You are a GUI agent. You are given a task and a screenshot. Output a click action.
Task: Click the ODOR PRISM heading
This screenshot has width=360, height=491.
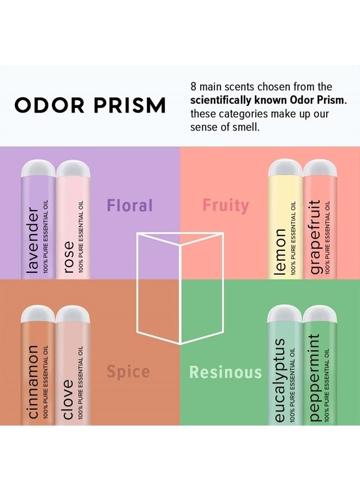(90, 105)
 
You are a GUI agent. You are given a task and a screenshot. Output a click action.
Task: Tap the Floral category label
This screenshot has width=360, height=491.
(130, 206)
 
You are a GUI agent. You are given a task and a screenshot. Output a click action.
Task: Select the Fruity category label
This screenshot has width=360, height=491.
(226, 206)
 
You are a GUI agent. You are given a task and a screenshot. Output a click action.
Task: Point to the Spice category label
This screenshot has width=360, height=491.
(128, 372)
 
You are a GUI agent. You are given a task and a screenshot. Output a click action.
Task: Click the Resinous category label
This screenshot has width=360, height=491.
(225, 372)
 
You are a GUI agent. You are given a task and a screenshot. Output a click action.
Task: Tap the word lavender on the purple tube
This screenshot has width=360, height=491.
(33, 239)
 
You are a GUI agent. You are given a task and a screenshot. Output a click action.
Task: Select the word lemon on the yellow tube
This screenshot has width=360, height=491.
(280, 252)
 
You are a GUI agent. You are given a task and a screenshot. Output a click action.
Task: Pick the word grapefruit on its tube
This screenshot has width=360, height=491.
(315, 238)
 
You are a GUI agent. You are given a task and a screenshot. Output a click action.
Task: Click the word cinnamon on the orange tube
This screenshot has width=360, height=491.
(32, 382)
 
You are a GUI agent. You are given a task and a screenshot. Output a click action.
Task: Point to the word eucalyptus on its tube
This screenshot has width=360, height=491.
(280, 380)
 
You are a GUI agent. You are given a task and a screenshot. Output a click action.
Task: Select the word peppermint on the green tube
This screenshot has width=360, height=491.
(314, 377)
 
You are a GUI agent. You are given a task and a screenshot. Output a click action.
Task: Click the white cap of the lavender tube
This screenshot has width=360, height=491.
(38, 169)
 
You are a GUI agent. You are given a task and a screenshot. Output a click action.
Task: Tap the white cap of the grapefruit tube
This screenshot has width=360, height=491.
(320, 169)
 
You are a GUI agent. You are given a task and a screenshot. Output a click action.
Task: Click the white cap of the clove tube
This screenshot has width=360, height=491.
(73, 314)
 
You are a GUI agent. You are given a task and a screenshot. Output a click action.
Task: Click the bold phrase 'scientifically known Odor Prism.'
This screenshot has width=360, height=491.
(268, 100)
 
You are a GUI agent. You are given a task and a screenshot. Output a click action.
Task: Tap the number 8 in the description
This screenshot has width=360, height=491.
(194, 87)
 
